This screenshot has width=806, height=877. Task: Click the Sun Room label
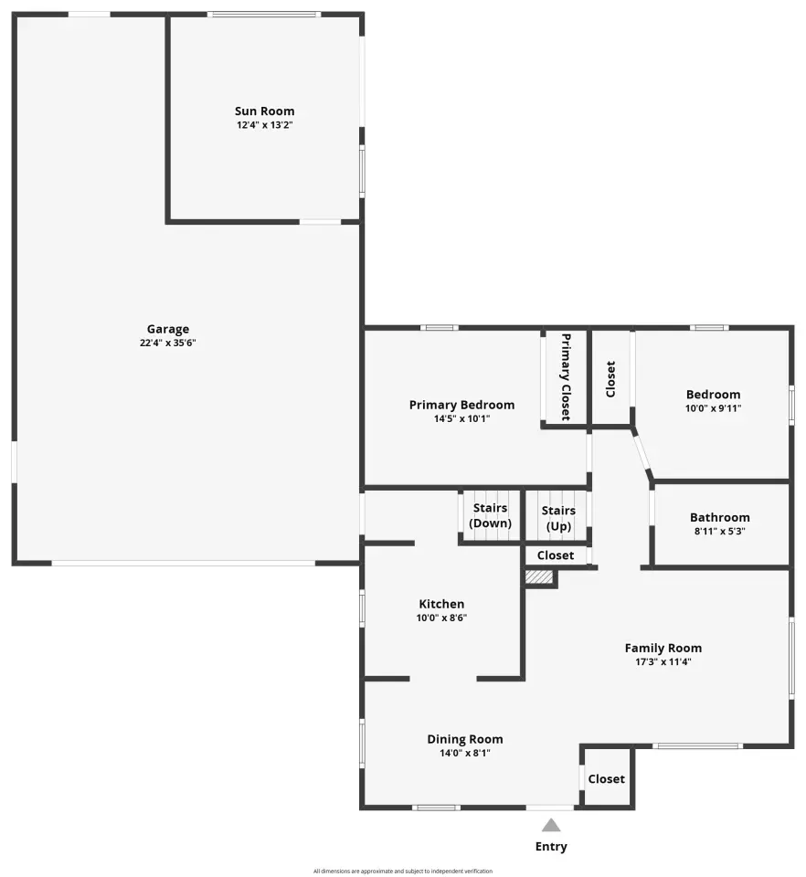pos(265,111)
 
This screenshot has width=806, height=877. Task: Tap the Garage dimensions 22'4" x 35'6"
pos(168,343)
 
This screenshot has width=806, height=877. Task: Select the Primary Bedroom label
pos(462,405)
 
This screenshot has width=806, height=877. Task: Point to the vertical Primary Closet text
pos(566,377)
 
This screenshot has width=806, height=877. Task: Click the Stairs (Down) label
pos(491,515)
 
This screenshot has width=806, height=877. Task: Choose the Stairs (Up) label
pos(558,519)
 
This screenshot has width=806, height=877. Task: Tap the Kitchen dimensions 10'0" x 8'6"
pos(441,618)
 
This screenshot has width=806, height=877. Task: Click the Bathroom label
pos(720,517)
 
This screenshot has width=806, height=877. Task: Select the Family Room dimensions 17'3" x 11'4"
pos(663,661)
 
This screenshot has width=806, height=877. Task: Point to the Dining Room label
pos(465,739)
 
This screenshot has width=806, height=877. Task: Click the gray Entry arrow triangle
pos(551,826)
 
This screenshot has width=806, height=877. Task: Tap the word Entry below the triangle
pos(551,847)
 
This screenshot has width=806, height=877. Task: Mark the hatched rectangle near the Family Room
pos(539,577)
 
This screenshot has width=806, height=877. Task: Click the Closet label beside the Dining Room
pos(606,779)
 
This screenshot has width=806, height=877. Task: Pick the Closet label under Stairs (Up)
pos(556,555)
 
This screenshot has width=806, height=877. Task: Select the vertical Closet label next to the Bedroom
pos(610,379)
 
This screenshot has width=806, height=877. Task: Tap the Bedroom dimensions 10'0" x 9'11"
pos(713,408)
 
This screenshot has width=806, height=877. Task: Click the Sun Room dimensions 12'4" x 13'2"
pos(265,125)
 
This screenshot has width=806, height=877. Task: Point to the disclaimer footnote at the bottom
pos(403,871)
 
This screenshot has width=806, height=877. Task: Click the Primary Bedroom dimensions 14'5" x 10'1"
pos(462,419)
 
